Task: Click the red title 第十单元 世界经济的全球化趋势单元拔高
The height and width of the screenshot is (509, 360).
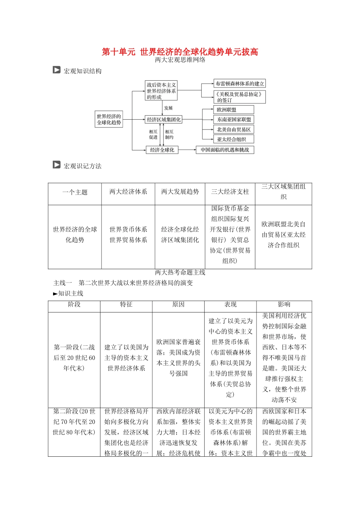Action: click(x=180, y=52)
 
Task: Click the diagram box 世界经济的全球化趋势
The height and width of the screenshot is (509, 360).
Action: click(x=109, y=119)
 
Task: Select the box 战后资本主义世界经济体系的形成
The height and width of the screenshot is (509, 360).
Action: click(x=161, y=91)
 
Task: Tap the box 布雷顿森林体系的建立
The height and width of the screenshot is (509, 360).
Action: click(x=239, y=84)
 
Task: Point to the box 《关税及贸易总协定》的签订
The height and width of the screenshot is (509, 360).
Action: click(x=239, y=97)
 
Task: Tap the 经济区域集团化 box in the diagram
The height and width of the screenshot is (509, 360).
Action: click(x=164, y=120)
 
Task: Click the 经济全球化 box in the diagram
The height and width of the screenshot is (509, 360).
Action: click(x=162, y=150)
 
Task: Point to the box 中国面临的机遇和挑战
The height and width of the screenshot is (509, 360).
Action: click(x=225, y=150)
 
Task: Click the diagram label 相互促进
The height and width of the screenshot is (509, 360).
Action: click(x=153, y=134)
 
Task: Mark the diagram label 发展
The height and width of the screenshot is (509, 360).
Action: click(x=168, y=108)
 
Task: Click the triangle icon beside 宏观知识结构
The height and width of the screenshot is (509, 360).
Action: click(x=56, y=70)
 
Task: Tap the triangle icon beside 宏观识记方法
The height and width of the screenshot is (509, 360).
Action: click(x=56, y=165)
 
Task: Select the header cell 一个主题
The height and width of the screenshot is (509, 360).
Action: click(x=75, y=192)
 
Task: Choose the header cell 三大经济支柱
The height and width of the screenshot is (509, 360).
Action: click(x=230, y=192)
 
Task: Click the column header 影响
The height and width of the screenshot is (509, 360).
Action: click(x=284, y=304)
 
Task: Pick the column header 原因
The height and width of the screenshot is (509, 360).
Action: click(x=178, y=304)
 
